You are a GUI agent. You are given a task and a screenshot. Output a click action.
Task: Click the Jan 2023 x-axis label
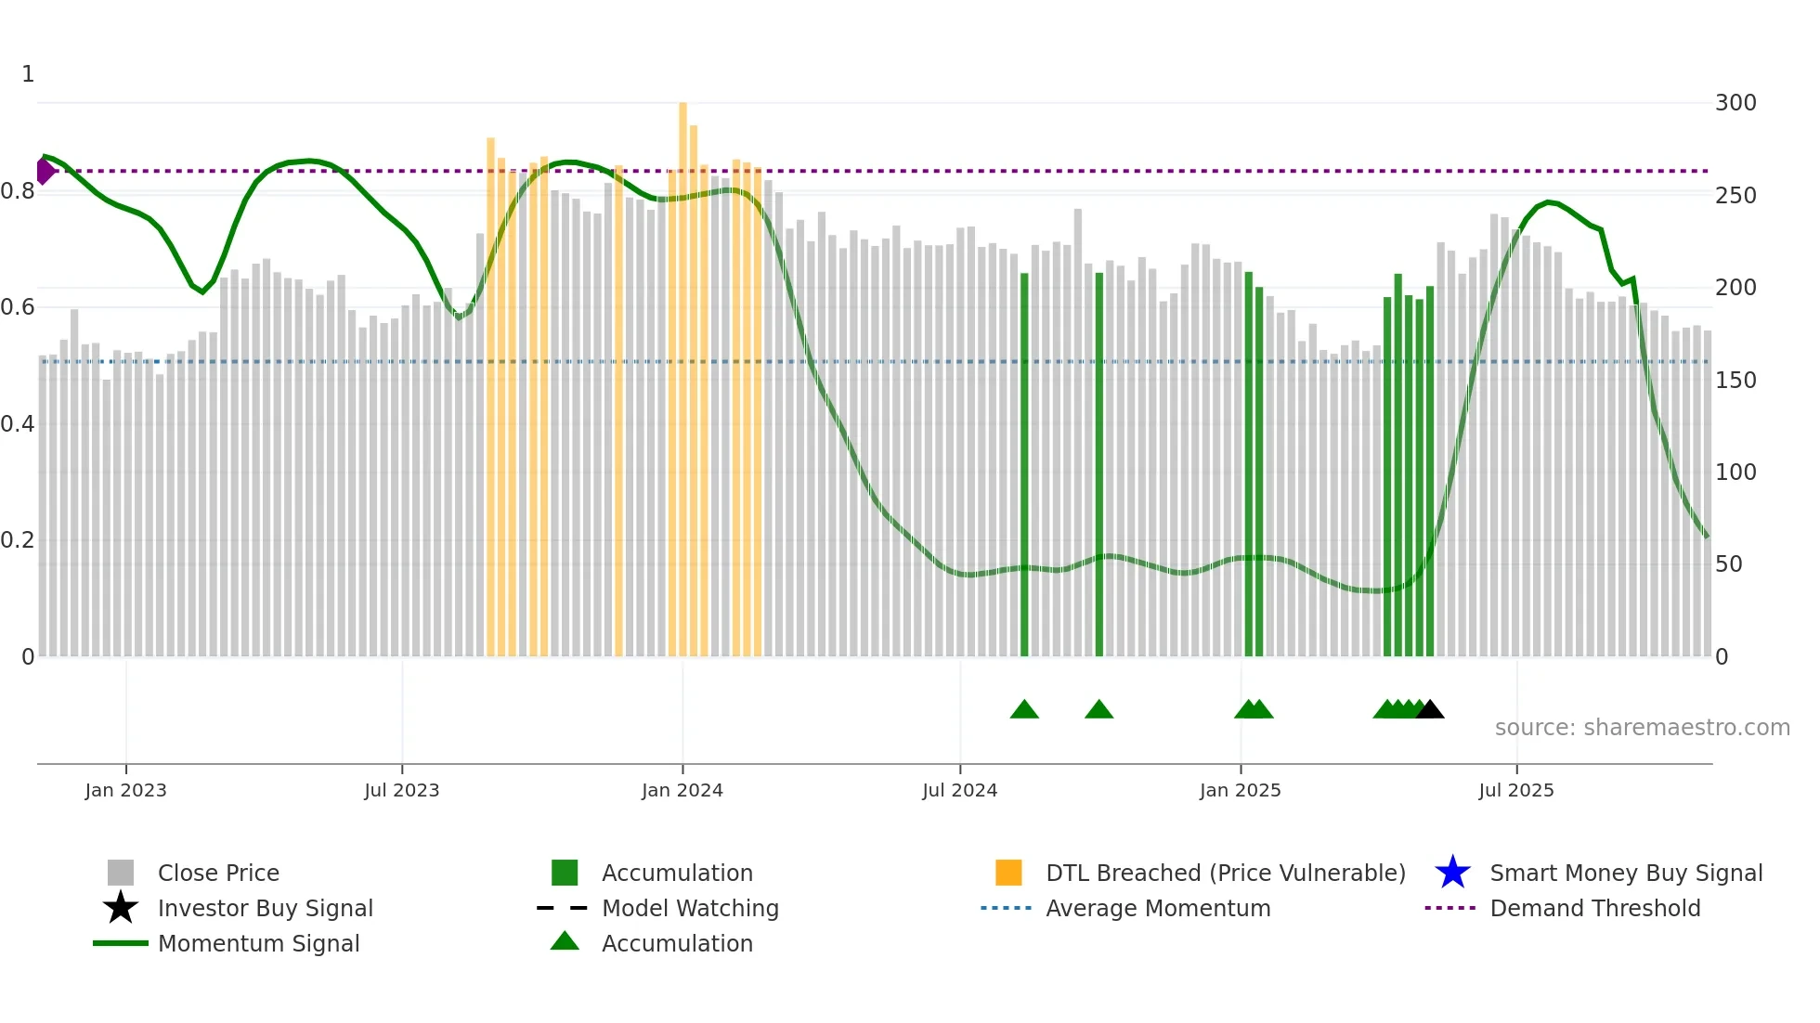coord(125,790)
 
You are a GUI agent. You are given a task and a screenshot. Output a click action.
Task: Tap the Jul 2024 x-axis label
coord(959,790)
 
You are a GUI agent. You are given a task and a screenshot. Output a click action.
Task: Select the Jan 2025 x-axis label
coord(1240,790)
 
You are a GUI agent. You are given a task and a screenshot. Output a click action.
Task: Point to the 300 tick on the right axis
coord(1735,103)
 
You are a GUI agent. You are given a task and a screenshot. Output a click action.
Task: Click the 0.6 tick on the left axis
coord(18,307)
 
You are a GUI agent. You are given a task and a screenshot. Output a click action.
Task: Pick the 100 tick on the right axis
coord(1735,473)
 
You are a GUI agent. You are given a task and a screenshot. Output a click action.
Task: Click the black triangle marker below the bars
coord(1430,709)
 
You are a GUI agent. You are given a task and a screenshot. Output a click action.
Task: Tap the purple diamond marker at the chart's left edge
coord(45,171)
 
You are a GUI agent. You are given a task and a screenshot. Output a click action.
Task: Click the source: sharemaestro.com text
coord(1642,728)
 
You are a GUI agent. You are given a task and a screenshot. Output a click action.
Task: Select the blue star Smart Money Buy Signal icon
coord(1452,873)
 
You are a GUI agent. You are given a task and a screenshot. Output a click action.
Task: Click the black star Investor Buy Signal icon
coord(121,908)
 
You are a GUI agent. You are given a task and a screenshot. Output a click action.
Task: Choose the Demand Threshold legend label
coord(1594,908)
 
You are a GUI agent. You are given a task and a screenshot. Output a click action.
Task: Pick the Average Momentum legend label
coord(1158,908)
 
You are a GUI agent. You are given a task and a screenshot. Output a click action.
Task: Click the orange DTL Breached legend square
coord(1008,873)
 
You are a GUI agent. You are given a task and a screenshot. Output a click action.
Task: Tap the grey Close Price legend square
coord(121,873)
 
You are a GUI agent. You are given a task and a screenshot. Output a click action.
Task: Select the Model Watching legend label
coord(690,908)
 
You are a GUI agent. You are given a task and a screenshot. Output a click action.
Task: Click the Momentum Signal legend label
coord(258,943)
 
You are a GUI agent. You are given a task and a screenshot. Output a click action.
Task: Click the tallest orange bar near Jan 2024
coord(682,371)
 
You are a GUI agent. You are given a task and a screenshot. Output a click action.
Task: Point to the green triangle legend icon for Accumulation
coord(565,941)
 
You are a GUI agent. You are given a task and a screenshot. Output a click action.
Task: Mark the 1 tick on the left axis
coord(28,74)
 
